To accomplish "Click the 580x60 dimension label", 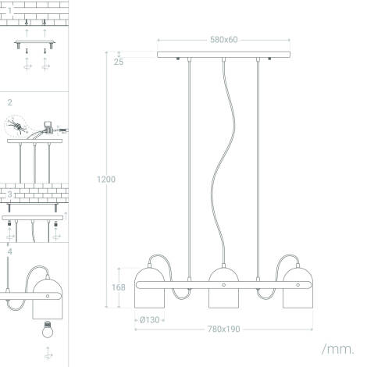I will pyautogui.click(x=223, y=39).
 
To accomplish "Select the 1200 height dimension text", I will pyautogui.click(x=105, y=179).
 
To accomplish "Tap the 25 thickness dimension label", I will pyautogui.click(x=118, y=62).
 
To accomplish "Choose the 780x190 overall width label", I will pyautogui.click(x=223, y=329).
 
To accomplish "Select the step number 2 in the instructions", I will pyautogui.click(x=9, y=102).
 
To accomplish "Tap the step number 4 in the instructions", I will pyautogui.click(x=9, y=251).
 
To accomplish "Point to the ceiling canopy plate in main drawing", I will pyautogui.click(x=223, y=55).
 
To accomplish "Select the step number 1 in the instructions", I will pyautogui.click(x=9, y=9).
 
